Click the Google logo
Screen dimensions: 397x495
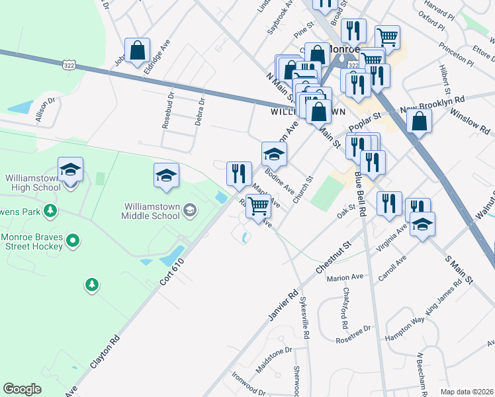(x=22, y=389)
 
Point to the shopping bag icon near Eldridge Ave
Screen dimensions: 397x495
(x=137, y=50)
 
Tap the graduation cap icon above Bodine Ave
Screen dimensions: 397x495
(x=274, y=154)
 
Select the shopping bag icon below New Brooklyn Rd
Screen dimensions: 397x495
(x=420, y=121)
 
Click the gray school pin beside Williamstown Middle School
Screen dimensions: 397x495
(x=190, y=210)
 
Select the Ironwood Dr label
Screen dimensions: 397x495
(x=249, y=382)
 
